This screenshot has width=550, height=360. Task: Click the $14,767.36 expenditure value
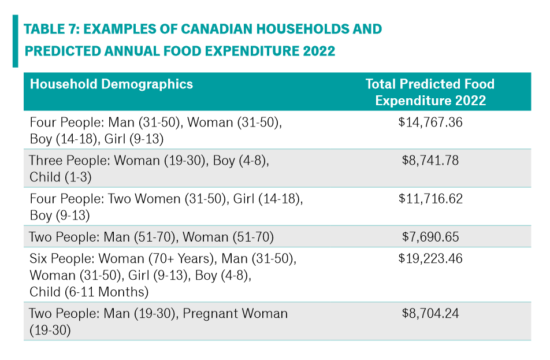(430, 123)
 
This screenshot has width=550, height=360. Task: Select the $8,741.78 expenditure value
(430, 161)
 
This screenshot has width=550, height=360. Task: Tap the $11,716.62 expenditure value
(430, 199)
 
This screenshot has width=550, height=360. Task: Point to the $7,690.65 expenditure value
(430, 237)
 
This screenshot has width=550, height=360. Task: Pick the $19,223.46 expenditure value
(430, 259)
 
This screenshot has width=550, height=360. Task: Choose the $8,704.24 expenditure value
(430, 313)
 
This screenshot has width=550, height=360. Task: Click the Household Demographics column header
(112, 84)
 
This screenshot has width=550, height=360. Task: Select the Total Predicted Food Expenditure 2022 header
(430, 92)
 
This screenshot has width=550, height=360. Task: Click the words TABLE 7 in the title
(52, 29)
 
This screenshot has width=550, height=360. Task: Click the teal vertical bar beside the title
(15, 41)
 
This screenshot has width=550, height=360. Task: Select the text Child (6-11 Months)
(89, 292)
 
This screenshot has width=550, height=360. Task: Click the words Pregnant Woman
(235, 314)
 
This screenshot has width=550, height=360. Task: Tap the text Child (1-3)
(61, 177)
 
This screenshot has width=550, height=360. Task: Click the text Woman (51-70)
(228, 237)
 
